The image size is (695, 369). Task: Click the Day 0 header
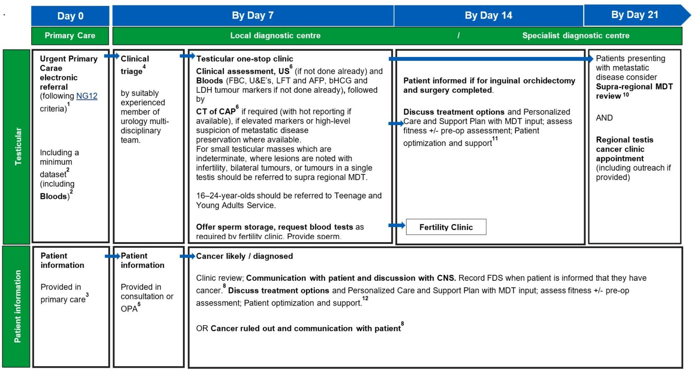pyautogui.click(x=70, y=16)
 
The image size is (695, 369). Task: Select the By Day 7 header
pyautogui.click(x=252, y=15)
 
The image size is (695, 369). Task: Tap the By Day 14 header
pyautogui.click(x=488, y=15)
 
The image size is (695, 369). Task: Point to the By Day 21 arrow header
pyautogui.click(x=635, y=15)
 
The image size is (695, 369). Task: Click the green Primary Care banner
pyautogui.click(x=70, y=35)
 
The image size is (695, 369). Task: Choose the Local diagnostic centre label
pyautogui.click(x=275, y=35)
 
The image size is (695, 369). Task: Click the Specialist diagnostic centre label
pyautogui.click(x=576, y=35)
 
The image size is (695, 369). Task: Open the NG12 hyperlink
pyautogui.click(x=87, y=96)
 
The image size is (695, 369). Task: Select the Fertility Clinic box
pyautogui.click(x=446, y=227)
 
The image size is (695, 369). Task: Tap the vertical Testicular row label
pyautogui.click(x=17, y=146)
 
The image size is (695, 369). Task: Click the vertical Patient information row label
pyautogui.click(x=17, y=307)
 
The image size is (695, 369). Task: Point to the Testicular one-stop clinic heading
pyautogui.click(x=244, y=59)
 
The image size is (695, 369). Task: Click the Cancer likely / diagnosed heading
pyautogui.click(x=244, y=256)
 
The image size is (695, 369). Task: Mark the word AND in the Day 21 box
pyautogui.click(x=604, y=118)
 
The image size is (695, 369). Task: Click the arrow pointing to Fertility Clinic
pyautogui.click(x=397, y=225)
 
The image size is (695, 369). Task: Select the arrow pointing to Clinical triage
pyautogui.click(x=112, y=56)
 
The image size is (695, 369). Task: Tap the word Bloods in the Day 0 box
pyautogui.click(x=54, y=196)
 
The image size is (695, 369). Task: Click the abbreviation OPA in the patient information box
pyautogui.click(x=129, y=309)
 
